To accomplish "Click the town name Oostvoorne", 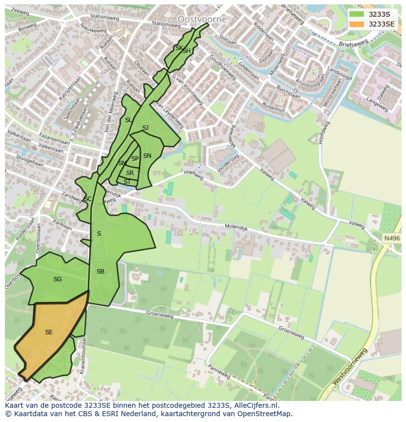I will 202,20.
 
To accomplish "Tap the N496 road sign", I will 391,238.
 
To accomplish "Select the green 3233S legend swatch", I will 356,14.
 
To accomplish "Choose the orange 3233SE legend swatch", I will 356,24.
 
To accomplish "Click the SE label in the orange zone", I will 49,332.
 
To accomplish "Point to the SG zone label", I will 57,279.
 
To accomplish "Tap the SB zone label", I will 100,272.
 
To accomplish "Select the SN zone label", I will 147,156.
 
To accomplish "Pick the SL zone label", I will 128,120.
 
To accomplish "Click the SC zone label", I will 88,199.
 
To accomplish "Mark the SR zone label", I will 130,173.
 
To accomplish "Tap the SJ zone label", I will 145,128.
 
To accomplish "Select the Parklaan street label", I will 62,226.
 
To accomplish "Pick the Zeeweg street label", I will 20,11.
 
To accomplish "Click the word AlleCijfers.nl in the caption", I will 254,405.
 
